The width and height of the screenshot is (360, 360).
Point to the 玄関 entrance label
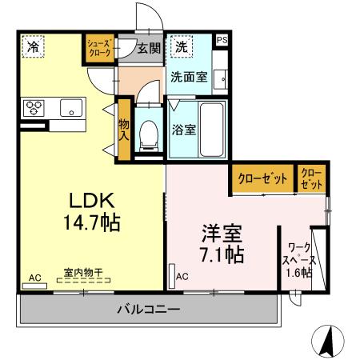[x=149, y=48]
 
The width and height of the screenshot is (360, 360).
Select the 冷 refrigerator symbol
[x=33, y=47]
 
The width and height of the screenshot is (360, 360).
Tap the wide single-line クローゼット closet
[x=262, y=179]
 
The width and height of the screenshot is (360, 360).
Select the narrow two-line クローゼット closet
[x=312, y=178]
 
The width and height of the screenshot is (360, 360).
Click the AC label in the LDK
[x=34, y=277]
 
